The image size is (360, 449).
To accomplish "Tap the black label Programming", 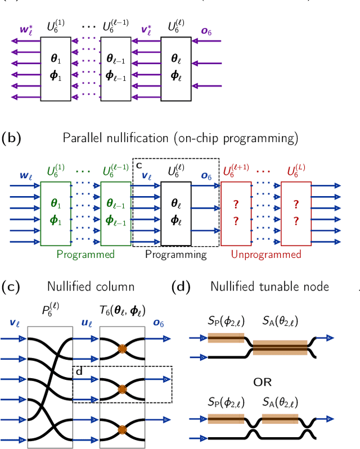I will click(175, 255).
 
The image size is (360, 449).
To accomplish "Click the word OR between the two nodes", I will click(263, 382).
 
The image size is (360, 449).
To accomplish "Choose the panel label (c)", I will click(11, 287).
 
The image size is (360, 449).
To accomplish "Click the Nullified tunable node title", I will click(269, 287).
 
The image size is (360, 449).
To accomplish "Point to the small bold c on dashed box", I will click(139, 165).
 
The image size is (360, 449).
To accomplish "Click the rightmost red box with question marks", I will click(296, 213).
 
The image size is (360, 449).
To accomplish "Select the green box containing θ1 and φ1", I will click(56, 213).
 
